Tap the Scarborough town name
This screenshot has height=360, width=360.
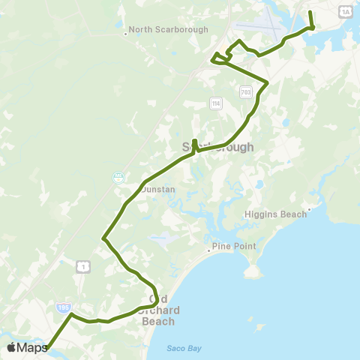pyautogui.click(x=218, y=147)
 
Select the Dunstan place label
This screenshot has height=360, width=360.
pyautogui.click(x=157, y=190)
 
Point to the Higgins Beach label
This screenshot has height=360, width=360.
pyautogui.click(x=275, y=214)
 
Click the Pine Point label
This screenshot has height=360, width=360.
pyautogui.click(x=234, y=246)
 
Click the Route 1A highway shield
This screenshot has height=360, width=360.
pyautogui.click(x=345, y=10)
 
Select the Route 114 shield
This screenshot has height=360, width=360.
pyautogui.click(x=217, y=103)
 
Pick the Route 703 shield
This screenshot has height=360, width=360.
pyautogui.click(x=246, y=91)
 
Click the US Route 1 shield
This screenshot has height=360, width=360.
pyautogui.click(x=82, y=265)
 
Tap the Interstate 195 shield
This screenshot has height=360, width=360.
pyautogui.click(x=63, y=307)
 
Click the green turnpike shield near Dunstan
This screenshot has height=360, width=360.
pyautogui.click(x=118, y=177)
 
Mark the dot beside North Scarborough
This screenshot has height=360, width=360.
pyautogui.click(x=125, y=32)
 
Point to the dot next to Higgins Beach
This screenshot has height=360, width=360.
pyautogui.click(x=309, y=210)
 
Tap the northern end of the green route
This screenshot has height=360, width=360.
pyautogui.click(x=309, y=13)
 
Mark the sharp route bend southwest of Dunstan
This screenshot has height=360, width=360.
pyautogui.click(x=103, y=239)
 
